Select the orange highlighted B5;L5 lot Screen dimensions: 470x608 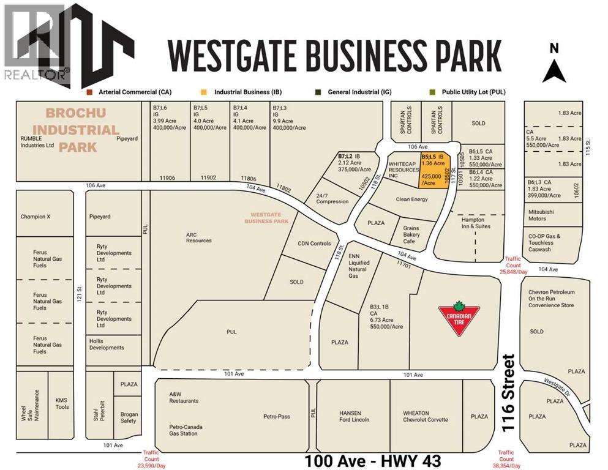[x=433, y=170]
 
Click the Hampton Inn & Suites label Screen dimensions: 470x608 [x=473, y=223]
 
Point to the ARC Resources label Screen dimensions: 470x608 [x=199, y=237]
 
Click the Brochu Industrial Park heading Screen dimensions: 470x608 [x=82, y=130]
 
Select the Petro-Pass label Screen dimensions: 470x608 [x=277, y=416]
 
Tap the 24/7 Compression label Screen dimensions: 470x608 [x=332, y=198]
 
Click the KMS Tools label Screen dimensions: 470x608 [x=62, y=403]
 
